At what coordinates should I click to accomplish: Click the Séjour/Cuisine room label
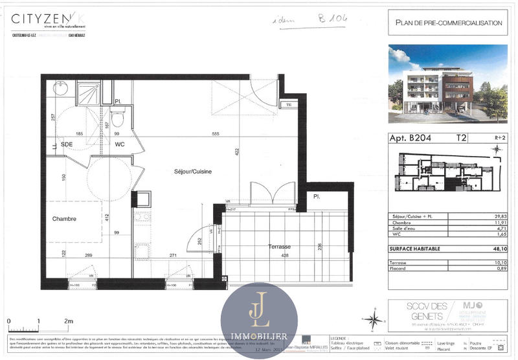[x=192, y=172]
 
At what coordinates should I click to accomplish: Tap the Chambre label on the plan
[x=64, y=219]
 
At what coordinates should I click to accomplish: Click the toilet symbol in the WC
[x=117, y=119]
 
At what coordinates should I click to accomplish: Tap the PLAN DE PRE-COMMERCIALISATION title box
[x=448, y=23]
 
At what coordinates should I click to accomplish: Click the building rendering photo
[x=448, y=84]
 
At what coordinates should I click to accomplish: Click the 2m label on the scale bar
[x=68, y=322]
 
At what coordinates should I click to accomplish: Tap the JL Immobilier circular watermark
[x=259, y=320]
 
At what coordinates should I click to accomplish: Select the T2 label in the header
[x=462, y=138]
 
